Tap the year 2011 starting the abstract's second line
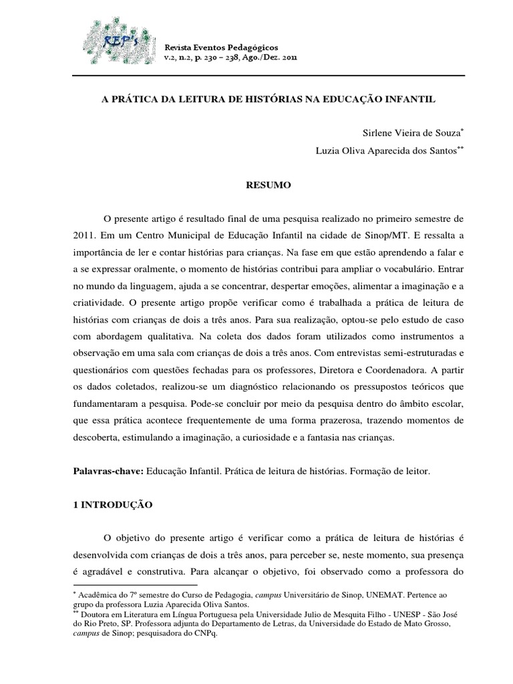[85, 236]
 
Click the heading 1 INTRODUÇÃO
[112, 506]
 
